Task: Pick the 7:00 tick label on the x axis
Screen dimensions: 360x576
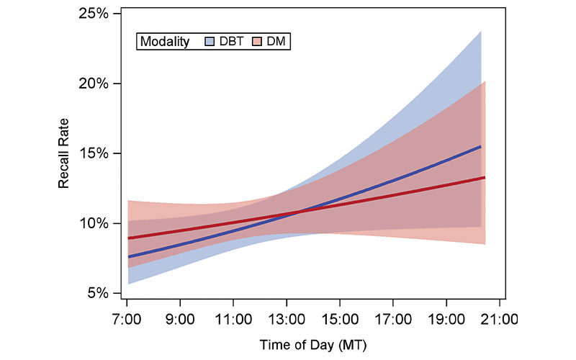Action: [x=127, y=318]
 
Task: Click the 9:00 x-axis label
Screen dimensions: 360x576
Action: [x=180, y=318]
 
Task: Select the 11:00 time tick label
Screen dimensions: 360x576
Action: [x=233, y=318]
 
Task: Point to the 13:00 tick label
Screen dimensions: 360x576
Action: [x=287, y=318]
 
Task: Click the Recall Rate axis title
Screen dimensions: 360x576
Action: [x=64, y=153]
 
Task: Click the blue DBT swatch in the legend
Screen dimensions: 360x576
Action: [x=209, y=42]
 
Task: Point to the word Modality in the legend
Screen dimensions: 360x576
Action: [x=165, y=42]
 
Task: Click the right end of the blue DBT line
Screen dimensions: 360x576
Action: [x=481, y=146]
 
